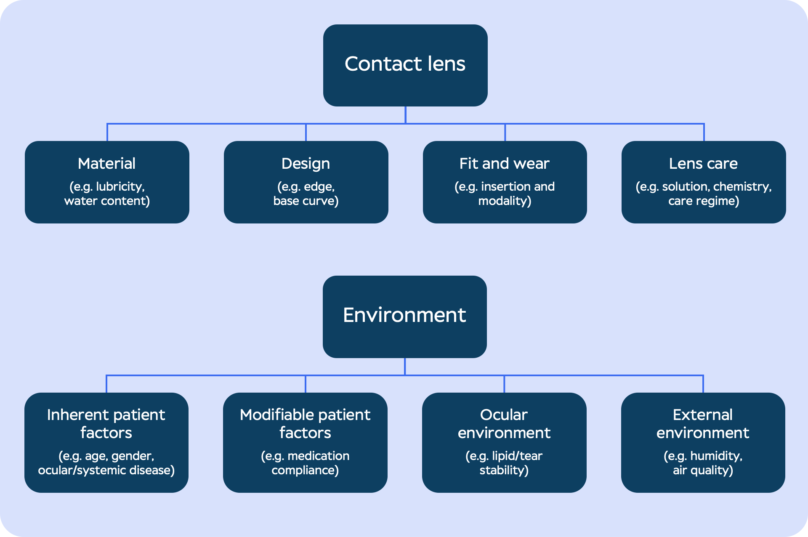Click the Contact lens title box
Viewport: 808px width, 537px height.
pos(405,65)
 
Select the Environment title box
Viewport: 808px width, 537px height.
pos(404,316)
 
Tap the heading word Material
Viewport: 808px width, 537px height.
pos(106,164)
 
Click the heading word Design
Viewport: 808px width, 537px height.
pos(306,164)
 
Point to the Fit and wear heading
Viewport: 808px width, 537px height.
pos(504,164)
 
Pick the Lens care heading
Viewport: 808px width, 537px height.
pos(703,164)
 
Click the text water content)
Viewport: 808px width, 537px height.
pos(107,201)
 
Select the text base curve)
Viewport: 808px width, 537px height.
pos(306,201)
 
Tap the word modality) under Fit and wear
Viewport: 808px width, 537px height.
pos(505,201)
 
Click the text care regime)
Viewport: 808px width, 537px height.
pos(704,201)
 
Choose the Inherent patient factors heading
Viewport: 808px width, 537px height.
pos(106,424)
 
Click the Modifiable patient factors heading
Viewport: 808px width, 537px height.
pos(305,424)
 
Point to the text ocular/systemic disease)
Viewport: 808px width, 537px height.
pos(106,471)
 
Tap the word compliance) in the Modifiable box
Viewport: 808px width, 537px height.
pos(305,471)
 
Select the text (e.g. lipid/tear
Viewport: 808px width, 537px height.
pos(504,456)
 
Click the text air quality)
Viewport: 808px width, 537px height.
pos(703,471)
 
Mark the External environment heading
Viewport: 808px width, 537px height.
pos(703,424)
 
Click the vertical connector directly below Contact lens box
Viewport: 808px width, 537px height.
pos(405,114)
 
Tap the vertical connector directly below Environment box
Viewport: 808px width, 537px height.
pos(405,366)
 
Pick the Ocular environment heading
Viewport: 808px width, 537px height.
pos(504,424)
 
